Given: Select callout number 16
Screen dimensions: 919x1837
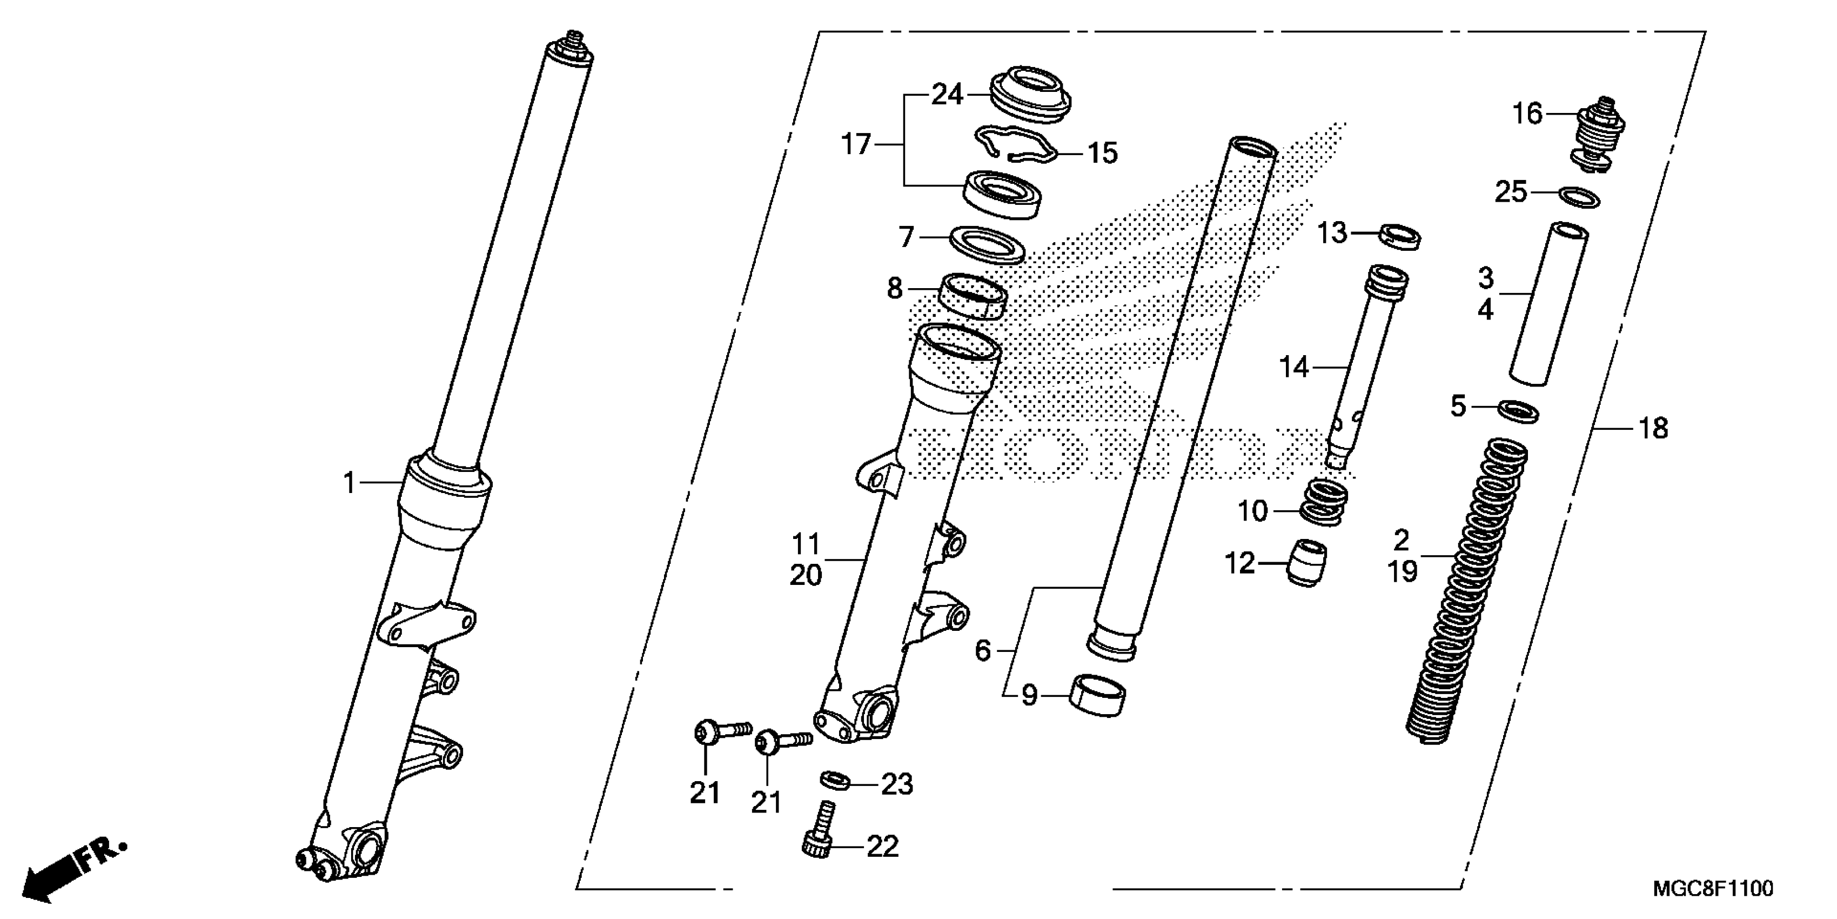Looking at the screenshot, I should [1527, 114].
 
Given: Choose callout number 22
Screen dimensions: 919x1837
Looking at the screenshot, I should [883, 847].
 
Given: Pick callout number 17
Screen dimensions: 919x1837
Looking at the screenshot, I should [856, 145].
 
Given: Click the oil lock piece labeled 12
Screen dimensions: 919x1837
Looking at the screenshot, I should [1306, 562].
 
